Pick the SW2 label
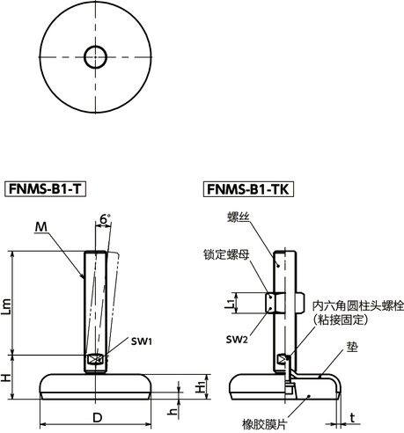[x=235, y=340]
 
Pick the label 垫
[x=327, y=348]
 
